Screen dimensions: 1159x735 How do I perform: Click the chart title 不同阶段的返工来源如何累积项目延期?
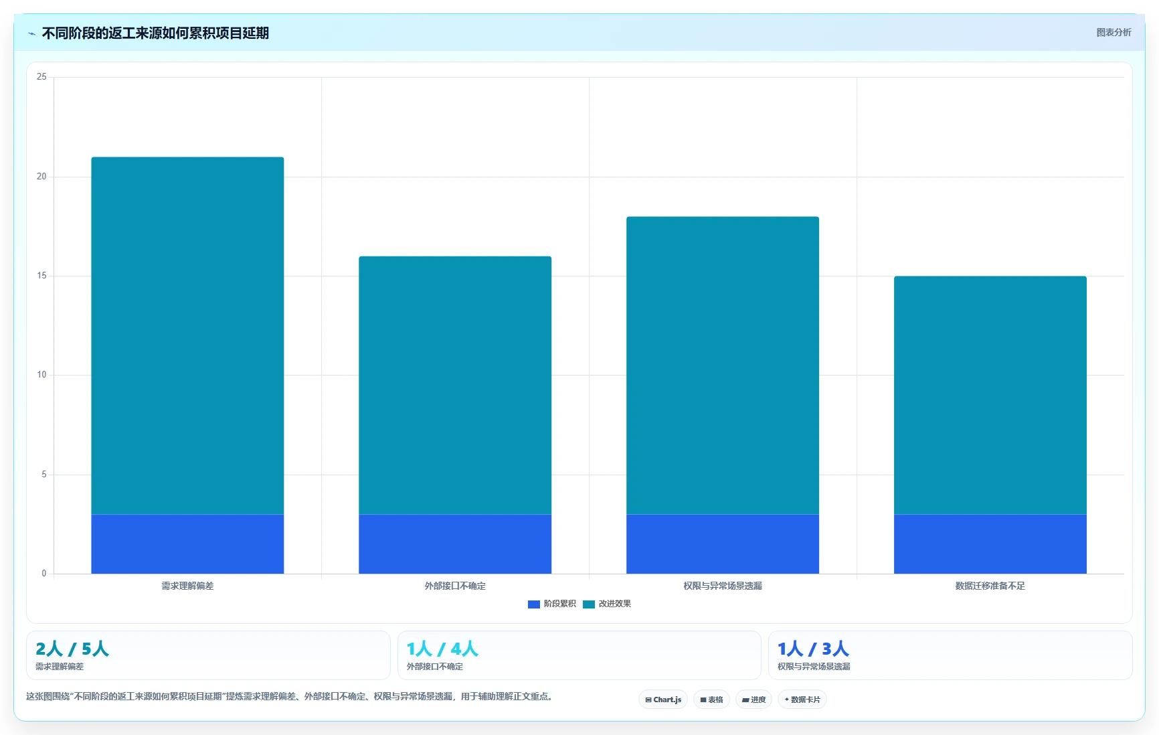[155, 33]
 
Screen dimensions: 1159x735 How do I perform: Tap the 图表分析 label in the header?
[1113, 32]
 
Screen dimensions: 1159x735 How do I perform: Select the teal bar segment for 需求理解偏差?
[187, 335]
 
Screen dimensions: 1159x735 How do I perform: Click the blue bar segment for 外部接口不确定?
[455, 544]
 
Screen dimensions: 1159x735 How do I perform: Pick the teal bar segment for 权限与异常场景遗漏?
[723, 365]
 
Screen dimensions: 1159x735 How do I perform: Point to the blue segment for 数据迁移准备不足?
[990, 544]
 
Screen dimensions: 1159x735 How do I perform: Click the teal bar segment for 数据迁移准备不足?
[990, 395]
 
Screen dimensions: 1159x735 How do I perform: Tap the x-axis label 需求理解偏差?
[187, 586]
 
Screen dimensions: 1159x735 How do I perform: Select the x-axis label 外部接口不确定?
[455, 586]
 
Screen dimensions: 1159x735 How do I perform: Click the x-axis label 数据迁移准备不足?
[990, 586]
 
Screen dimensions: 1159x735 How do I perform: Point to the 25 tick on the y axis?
[41, 77]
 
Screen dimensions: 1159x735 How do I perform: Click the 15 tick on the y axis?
[41, 276]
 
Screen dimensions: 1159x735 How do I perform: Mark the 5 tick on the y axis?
[44, 475]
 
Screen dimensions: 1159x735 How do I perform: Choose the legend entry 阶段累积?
[552, 604]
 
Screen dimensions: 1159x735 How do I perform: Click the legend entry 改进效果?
[607, 604]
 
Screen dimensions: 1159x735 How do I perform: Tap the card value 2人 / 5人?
[72, 649]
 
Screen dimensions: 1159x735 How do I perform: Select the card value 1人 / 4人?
[442, 649]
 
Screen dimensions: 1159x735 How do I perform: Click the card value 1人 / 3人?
[813, 649]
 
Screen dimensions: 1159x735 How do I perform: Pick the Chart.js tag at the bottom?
[663, 700]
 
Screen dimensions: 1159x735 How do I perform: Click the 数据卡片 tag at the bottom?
[802, 700]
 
